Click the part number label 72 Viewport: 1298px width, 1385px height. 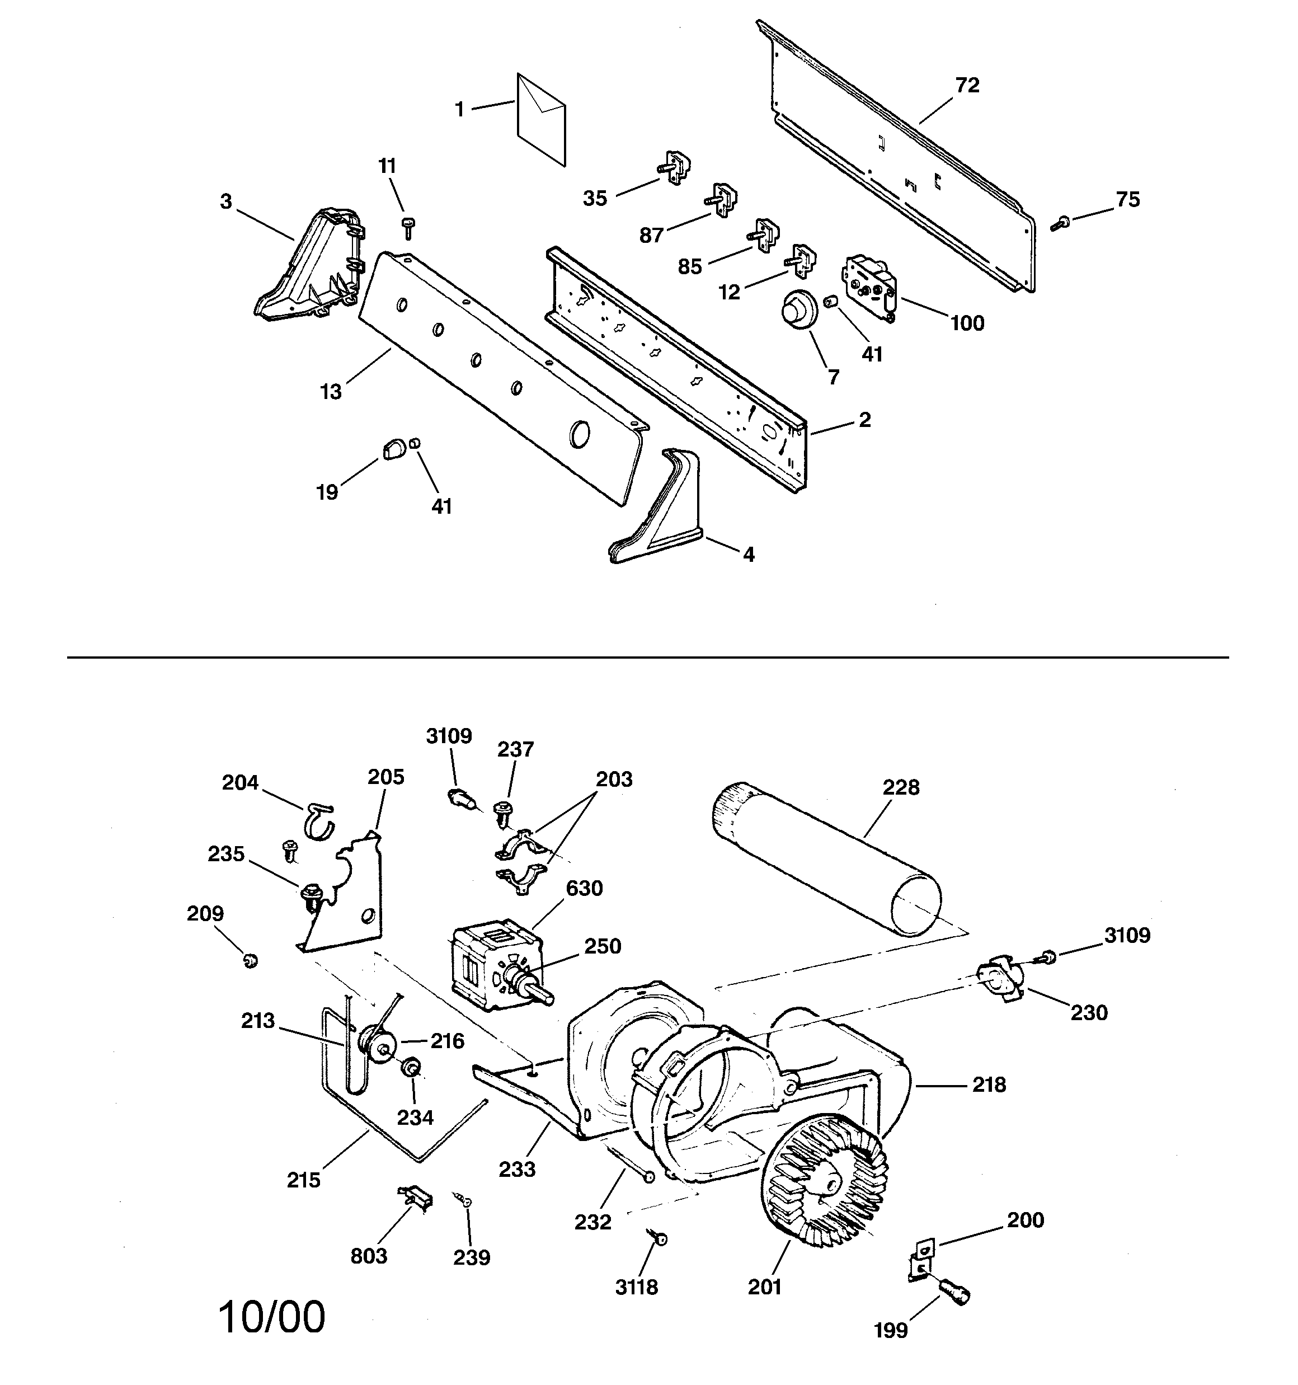(x=967, y=86)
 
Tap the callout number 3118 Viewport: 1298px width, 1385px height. (x=636, y=1288)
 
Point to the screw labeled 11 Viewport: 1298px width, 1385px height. (x=408, y=227)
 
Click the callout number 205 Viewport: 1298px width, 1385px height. (x=386, y=777)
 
